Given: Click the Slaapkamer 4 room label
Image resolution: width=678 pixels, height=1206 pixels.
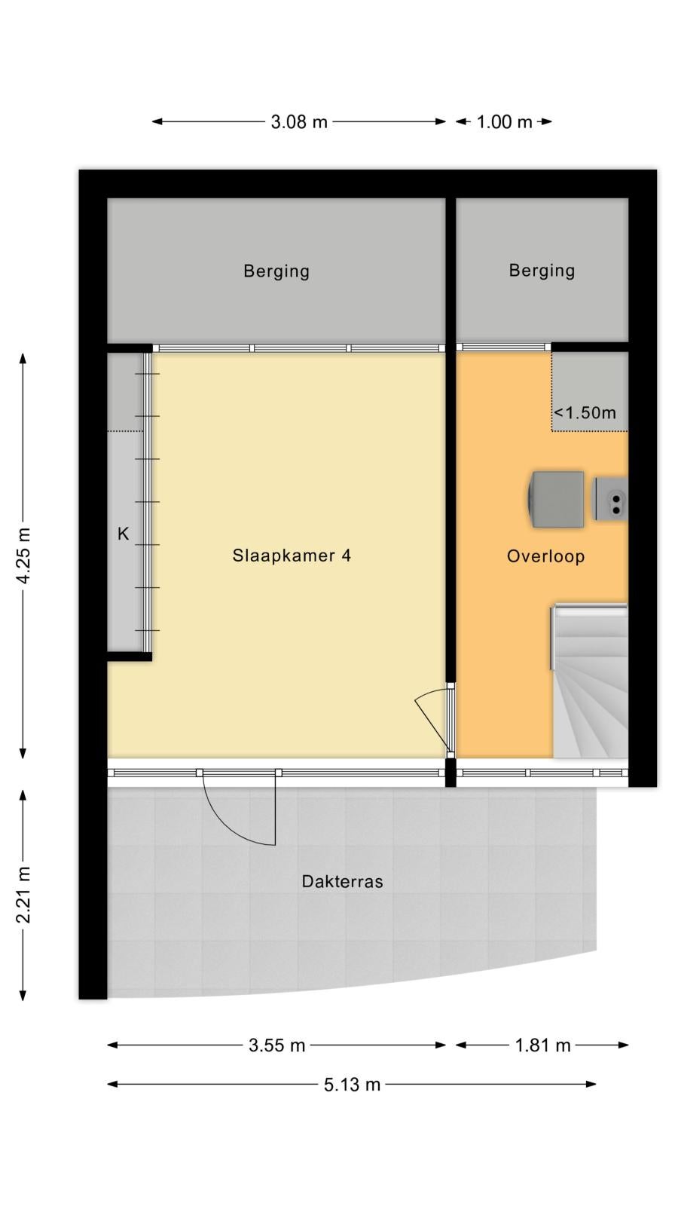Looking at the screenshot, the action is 291,555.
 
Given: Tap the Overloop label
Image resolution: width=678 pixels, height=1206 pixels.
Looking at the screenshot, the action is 545,556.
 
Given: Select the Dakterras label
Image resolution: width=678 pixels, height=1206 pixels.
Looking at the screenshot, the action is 342,881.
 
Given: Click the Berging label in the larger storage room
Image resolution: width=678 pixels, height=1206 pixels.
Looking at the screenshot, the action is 276,271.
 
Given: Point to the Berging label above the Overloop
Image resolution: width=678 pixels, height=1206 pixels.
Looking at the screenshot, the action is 542,270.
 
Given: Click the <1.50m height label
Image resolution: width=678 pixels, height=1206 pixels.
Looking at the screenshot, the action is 585,412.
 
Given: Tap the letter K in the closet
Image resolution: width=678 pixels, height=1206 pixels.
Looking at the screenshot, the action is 124,534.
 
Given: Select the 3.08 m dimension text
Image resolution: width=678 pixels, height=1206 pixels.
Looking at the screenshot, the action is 299,121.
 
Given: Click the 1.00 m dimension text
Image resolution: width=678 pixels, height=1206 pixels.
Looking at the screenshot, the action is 504,121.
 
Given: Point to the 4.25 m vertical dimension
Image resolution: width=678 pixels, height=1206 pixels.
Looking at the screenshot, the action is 23,555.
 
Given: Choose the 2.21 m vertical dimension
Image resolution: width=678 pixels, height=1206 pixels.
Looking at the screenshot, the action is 23,895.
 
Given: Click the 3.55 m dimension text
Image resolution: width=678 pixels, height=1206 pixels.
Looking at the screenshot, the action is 276,1045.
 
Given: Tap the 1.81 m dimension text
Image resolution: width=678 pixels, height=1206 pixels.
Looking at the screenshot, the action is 542,1045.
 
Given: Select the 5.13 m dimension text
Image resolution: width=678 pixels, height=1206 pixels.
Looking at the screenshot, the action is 352,1084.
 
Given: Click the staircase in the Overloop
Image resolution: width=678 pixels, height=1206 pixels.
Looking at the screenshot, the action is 590,681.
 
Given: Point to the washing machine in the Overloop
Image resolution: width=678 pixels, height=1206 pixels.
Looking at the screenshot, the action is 556,499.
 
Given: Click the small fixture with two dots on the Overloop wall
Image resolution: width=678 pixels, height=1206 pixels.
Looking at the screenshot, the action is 611,498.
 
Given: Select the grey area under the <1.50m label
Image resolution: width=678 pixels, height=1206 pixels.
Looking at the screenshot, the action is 591,391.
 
